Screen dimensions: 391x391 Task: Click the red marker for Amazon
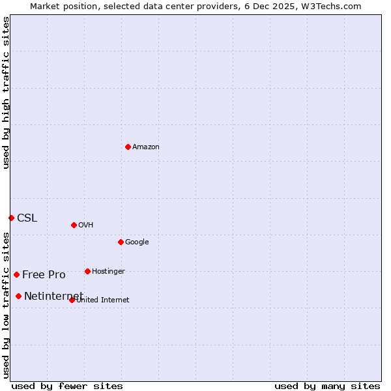[x=128, y=147]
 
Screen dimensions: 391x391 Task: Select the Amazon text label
[x=146, y=147]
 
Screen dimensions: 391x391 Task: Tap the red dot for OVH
[x=74, y=225]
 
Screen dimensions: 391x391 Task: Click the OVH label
[x=86, y=225]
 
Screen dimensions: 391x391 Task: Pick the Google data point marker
[x=121, y=242]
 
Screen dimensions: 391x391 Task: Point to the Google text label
[x=137, y=242]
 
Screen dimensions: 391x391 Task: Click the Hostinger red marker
[x=87, y=271]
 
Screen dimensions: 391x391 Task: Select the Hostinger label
[x=108, y=272]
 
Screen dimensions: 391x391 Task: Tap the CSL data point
[x=11, y=218]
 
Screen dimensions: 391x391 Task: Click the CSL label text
[x=27, y=218]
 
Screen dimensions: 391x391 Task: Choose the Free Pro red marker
[x=16, y=274]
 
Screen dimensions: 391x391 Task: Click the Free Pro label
[x=44, y=275]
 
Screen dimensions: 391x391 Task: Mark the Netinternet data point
[x=18, y=296]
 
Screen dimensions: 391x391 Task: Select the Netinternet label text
[x=53, y=297]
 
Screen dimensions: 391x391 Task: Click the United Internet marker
[x=72, y=300]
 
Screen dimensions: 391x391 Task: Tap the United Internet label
[x=103, y=300]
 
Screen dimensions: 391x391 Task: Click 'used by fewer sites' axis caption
[x=67, y=386]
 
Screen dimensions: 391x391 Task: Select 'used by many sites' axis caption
[x=327, y=386]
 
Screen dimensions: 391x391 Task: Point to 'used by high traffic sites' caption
[x=6, y=93]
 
